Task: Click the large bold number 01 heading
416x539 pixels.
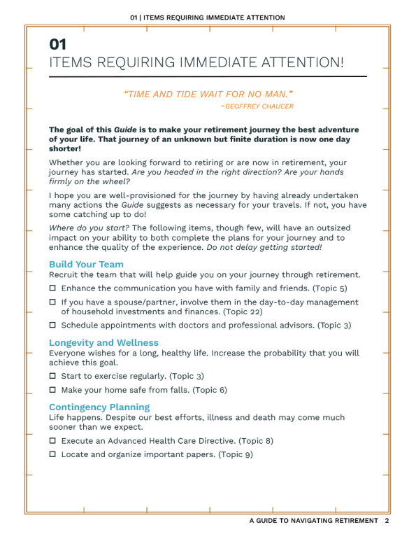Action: pos(59,44)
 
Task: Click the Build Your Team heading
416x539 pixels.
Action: pos(86,265)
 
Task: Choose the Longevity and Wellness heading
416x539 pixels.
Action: pos(103,343)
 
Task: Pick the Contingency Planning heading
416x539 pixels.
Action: pos(99,407)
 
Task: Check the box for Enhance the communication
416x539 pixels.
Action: pos(52,288)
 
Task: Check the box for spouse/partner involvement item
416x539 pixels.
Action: pos(52,302)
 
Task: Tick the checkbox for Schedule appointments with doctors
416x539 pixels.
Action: pos(52,325)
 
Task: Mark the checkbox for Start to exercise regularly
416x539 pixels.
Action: pos(52,377)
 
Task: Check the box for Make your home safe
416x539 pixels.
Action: pos(52,390)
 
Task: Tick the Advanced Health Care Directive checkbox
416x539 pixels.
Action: pos(52,441)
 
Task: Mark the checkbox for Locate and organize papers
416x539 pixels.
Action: pos(52,454)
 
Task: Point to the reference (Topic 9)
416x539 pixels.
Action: pos(236,454)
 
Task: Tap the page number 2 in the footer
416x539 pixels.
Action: pos(387,521)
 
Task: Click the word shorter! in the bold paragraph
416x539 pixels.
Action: pos(66,148)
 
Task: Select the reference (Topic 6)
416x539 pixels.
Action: pos(210,390)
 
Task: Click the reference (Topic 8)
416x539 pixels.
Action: pos(256,441)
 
